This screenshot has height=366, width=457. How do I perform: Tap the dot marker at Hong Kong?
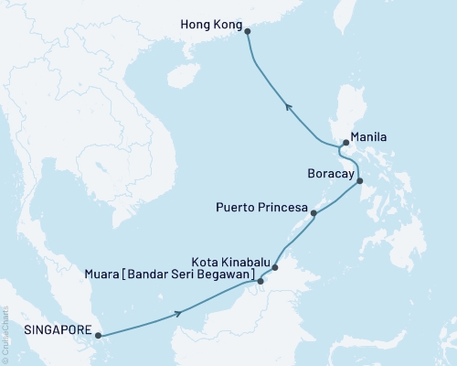(248, 30)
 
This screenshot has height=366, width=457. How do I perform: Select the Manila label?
(369, 136)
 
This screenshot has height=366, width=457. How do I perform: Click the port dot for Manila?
(345, 143)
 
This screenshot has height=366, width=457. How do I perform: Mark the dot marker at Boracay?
(359, 181)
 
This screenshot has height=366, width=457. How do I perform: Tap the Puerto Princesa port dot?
(314, 214)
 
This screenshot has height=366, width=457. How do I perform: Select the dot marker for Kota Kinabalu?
(275, 268)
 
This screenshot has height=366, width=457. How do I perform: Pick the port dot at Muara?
(260, 281)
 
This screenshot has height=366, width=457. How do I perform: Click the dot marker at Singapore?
(100, 335)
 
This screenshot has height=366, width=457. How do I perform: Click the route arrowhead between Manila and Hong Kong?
(289, 108)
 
